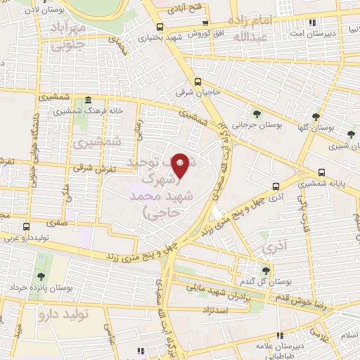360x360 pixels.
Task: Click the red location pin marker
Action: tap(181, 165)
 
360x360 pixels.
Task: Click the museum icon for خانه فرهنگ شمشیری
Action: tap(86, 101)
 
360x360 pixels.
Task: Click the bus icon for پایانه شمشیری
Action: tap(321, 172)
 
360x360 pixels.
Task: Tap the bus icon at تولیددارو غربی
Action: tap(27, 226)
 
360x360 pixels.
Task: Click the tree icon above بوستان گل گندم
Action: tap(265, 270)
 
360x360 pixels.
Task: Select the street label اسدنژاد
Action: tap(226, 309)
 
